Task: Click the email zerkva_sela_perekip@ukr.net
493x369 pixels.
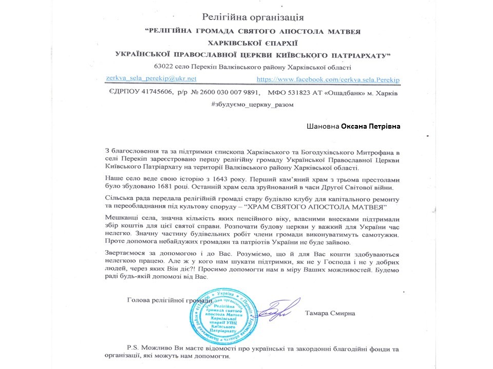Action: tap(151, 78)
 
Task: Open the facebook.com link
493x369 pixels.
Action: tap(328, 79)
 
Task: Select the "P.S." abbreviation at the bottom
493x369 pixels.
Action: tap(135, 346)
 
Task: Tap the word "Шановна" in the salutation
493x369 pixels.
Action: tap(323, 126)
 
